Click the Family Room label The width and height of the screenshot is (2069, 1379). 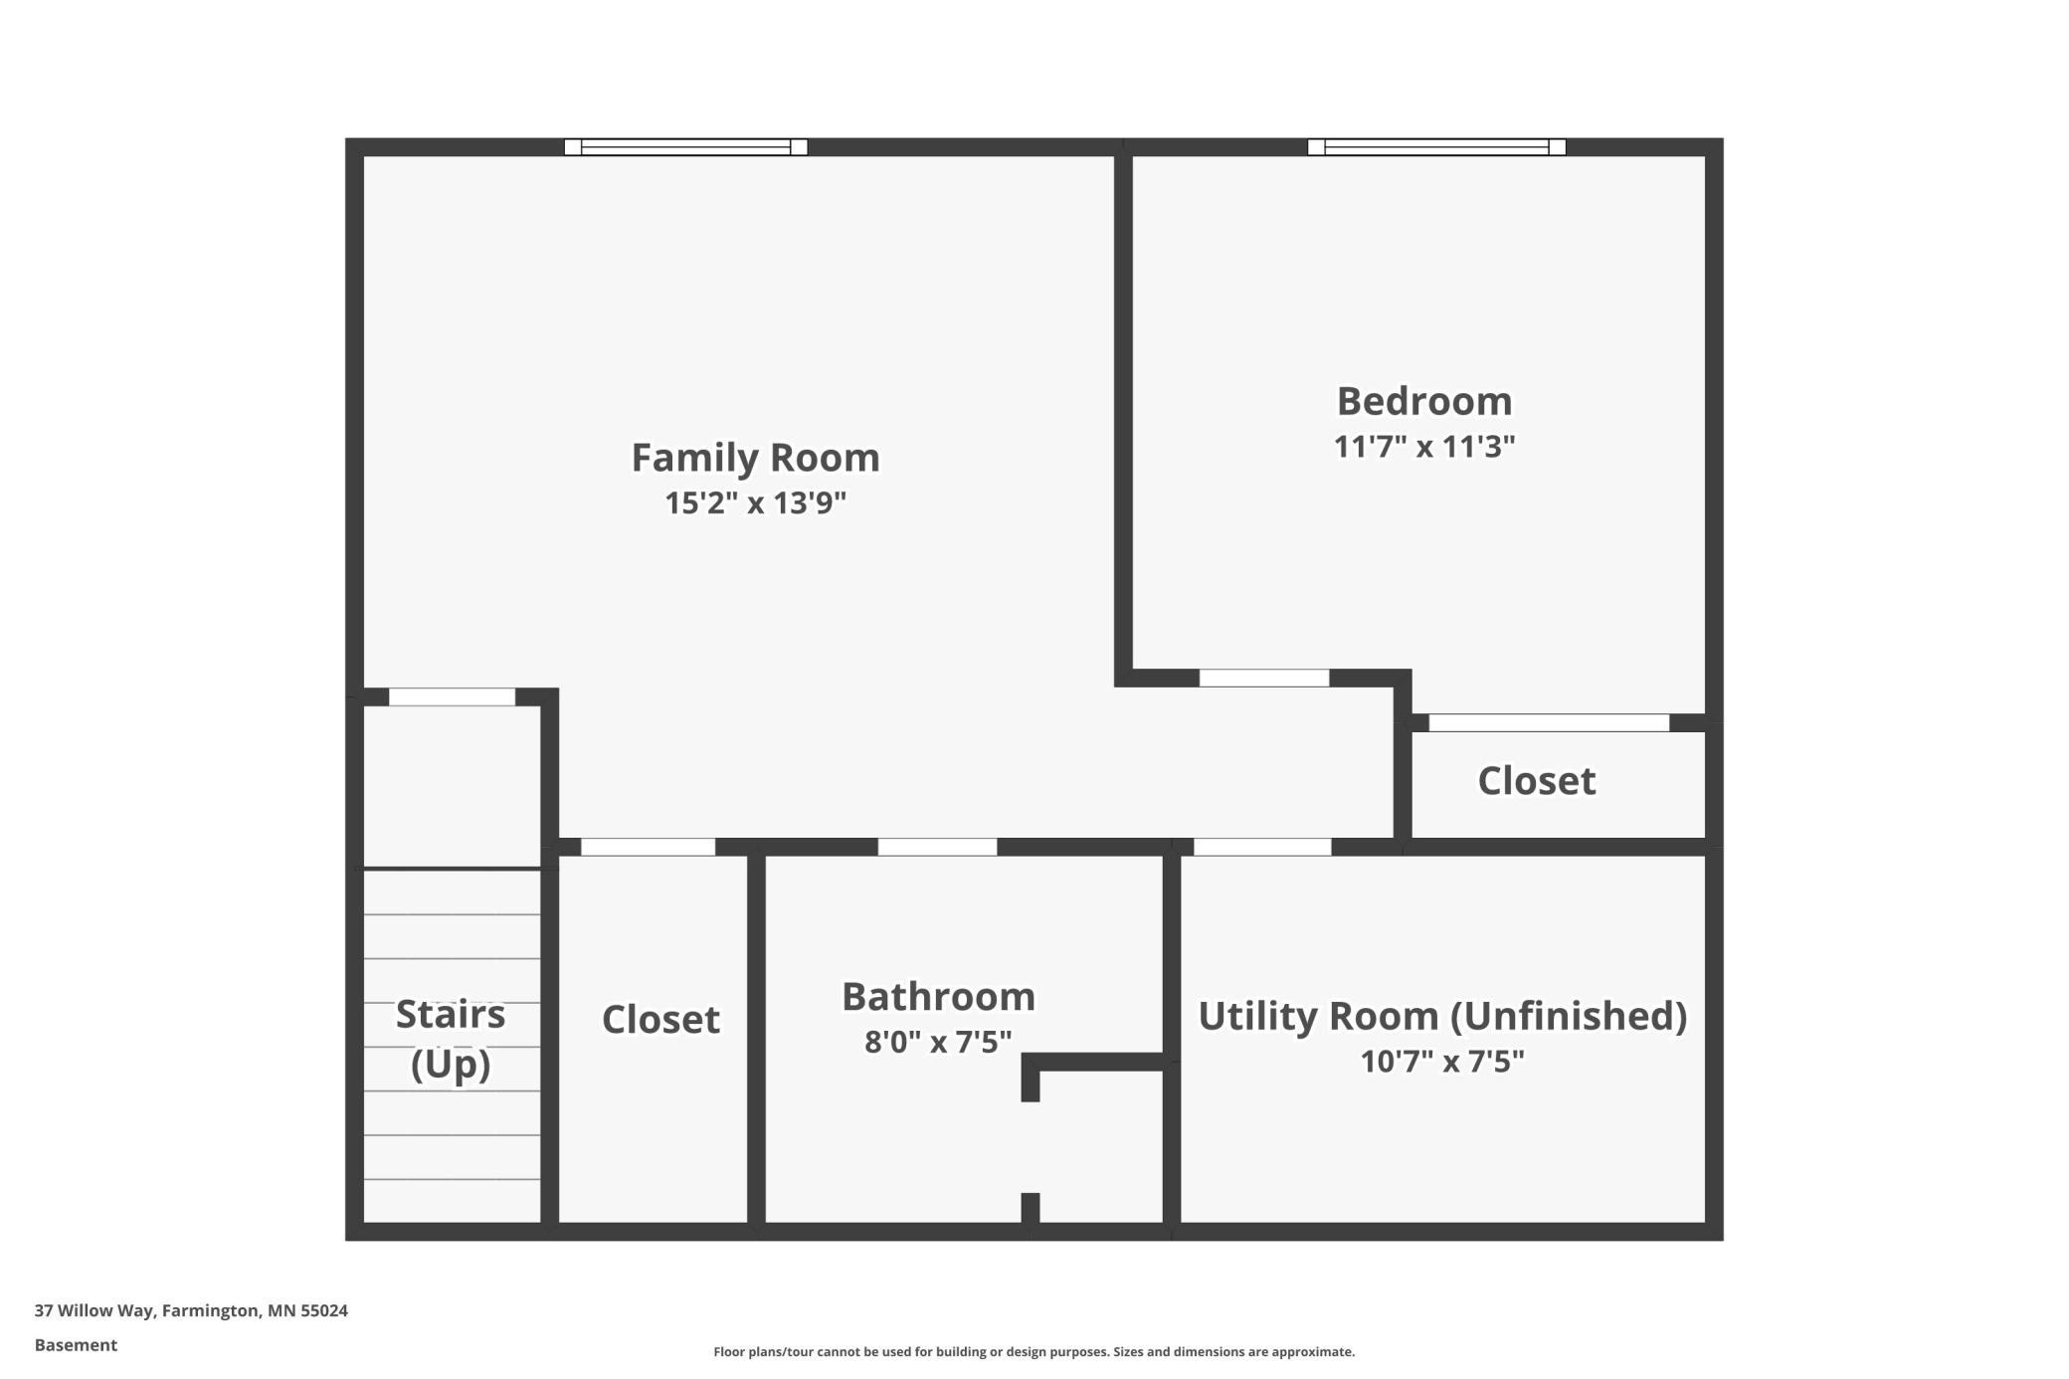(755, 458)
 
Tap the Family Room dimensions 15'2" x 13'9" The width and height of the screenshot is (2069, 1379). (755, 502)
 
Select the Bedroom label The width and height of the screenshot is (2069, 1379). (1424, 401)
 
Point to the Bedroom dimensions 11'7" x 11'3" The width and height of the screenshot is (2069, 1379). (1424, 446)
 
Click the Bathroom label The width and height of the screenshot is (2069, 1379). (938, 996)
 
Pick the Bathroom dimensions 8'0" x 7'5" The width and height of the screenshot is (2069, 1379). (938, 1041)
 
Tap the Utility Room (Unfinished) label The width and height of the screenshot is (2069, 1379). (1442, 1016)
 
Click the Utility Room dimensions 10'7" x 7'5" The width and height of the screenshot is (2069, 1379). (1442, 1061)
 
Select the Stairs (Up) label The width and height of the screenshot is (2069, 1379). (451, 1039)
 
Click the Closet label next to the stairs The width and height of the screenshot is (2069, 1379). (660, 1019)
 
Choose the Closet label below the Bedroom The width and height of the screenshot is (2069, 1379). (1537, 780)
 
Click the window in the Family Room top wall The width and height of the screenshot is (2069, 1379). (685, 147)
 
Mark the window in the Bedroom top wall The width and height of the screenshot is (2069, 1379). (1436, 147)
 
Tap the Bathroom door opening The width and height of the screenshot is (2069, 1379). (937, 847)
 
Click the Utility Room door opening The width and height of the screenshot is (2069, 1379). (1262, 847)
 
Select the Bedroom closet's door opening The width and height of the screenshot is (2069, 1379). (1549, 723)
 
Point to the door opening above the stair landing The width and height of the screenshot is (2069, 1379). (452, 696)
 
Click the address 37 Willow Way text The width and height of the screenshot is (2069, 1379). (191, 1310)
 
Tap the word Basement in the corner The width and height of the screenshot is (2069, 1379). (76, 1345)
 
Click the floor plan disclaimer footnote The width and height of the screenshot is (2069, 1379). (1034, 1351)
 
